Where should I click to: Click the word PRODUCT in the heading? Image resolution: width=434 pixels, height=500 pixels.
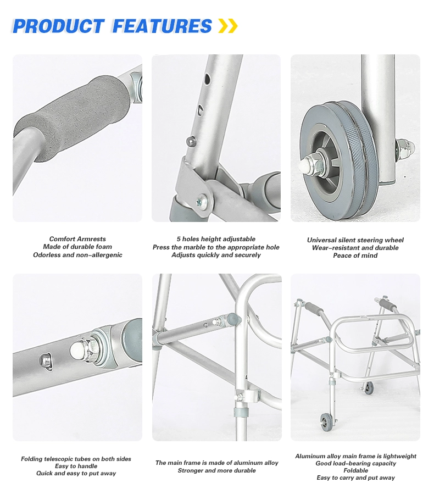58,26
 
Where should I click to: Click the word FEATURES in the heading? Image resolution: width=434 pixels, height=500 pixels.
162,26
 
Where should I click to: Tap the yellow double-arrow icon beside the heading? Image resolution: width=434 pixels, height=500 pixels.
228,25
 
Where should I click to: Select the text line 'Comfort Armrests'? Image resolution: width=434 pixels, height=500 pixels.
77,239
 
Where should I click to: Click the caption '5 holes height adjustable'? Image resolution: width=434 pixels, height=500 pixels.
216,239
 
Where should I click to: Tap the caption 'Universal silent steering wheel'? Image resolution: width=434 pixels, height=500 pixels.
355,240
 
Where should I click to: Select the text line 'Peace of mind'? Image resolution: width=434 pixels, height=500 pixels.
355,255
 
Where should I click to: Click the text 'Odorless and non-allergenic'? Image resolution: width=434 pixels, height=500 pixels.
77,255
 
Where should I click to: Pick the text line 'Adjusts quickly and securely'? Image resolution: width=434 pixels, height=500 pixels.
216,255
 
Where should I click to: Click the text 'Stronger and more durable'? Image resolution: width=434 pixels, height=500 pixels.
216,470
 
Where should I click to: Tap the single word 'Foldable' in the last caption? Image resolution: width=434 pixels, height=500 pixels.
355,470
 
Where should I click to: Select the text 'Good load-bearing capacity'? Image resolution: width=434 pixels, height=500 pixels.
355,463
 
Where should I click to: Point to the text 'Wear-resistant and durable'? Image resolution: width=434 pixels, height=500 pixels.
355,248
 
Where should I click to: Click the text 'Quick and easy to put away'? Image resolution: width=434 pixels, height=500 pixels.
76,473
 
